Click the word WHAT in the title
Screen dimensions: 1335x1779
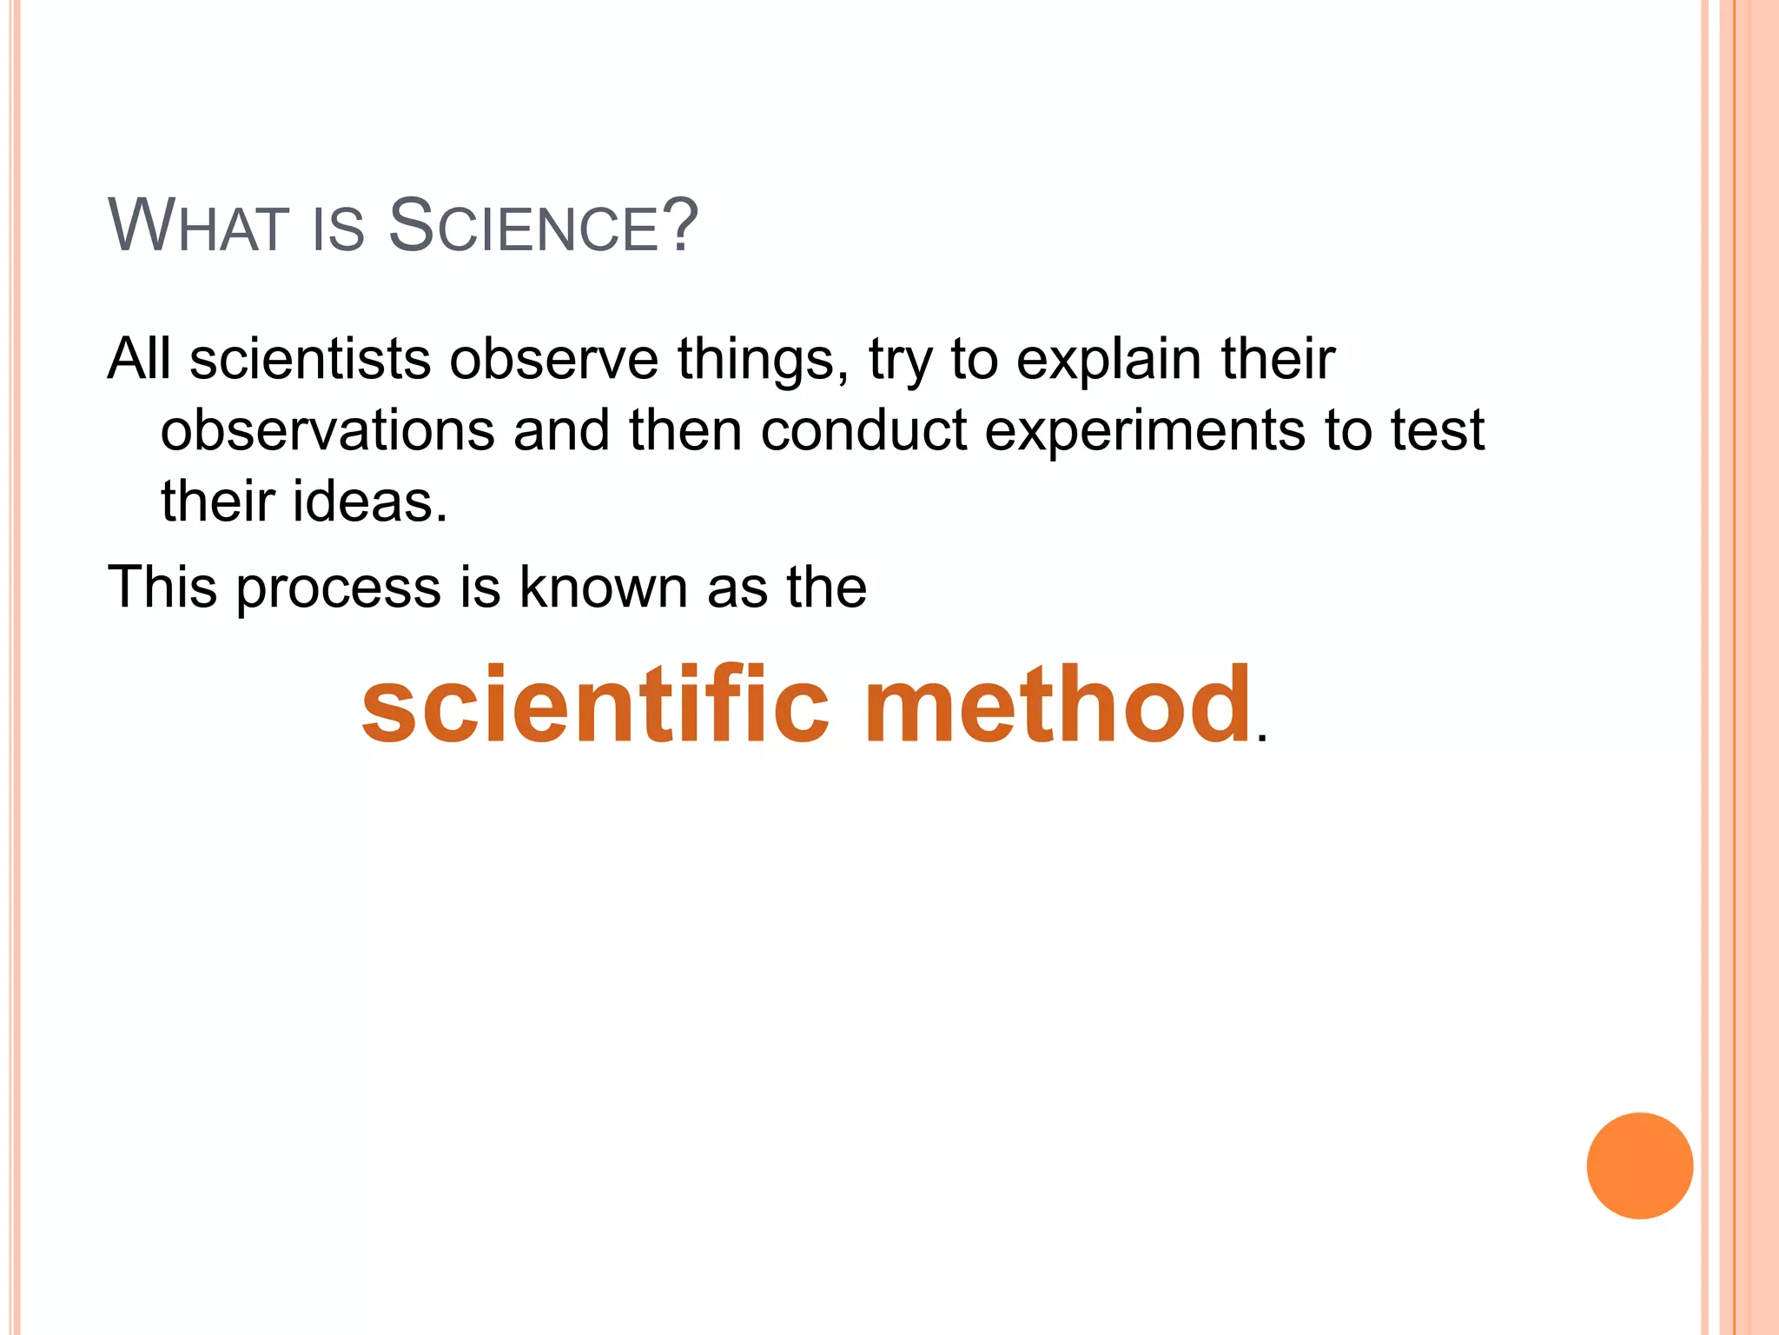198,227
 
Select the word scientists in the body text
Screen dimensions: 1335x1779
310,359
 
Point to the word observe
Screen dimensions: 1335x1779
554,359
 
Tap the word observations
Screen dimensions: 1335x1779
327,430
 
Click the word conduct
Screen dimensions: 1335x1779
863,430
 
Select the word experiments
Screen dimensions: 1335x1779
1145,432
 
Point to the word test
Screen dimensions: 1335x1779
1438,430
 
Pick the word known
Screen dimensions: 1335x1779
604,587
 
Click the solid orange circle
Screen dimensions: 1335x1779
1639,1166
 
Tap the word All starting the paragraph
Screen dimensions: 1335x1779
139,359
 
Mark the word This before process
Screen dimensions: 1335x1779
162,587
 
